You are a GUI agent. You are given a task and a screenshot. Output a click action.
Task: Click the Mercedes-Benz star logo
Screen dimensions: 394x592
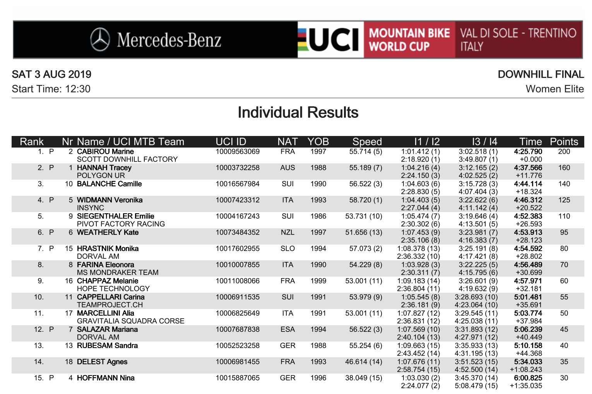point(100,39)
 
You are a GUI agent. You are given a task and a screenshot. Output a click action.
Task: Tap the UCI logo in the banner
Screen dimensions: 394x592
point(331,39)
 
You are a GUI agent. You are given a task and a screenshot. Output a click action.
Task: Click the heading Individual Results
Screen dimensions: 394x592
point(298,113)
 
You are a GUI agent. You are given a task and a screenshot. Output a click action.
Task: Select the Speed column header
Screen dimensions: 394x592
point(367,142)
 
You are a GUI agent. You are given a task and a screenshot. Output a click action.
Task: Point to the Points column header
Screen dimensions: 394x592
point(564,142)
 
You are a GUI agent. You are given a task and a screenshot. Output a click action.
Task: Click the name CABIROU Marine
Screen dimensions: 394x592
point(105,152)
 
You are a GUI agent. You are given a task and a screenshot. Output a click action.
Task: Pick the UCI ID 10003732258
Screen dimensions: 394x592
point(238,168)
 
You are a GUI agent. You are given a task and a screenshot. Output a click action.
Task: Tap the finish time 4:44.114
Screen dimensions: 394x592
point(528,184)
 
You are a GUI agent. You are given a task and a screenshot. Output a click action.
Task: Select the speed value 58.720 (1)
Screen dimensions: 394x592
point(365,200)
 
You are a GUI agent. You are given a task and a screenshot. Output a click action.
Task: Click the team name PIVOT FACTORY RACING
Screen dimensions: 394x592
point(121,224)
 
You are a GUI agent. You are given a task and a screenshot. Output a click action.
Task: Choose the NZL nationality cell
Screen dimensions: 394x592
point(287,233)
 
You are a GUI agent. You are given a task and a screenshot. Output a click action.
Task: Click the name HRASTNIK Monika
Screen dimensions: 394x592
point(108,249)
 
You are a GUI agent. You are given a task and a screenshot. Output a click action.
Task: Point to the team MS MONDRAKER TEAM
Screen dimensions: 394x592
point(118,273)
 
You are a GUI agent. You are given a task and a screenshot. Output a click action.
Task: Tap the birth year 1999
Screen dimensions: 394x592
point(318,281)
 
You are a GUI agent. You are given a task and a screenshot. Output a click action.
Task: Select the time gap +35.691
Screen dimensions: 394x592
point(529,305)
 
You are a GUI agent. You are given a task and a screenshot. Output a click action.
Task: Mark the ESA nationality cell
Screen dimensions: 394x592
point(287,329)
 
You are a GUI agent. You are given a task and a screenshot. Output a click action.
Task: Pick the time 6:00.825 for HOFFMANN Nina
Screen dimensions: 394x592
point(528,378)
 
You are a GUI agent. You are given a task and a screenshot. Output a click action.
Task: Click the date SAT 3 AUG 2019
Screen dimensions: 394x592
point(51,75)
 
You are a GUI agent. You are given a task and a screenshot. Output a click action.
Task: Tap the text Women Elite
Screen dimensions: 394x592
point(554,89)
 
